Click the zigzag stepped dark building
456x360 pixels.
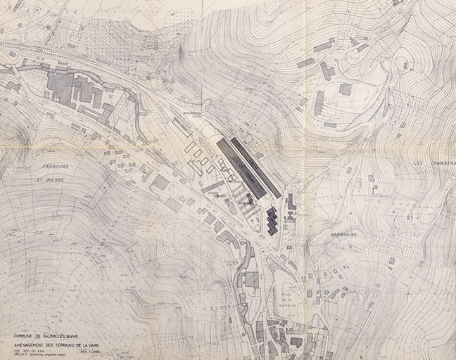click(x=272, y=221)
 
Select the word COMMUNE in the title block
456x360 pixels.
click(x=27, y=336)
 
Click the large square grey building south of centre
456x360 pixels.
click(x=251, y=279)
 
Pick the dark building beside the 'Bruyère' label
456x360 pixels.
click(x=291, y=202)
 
